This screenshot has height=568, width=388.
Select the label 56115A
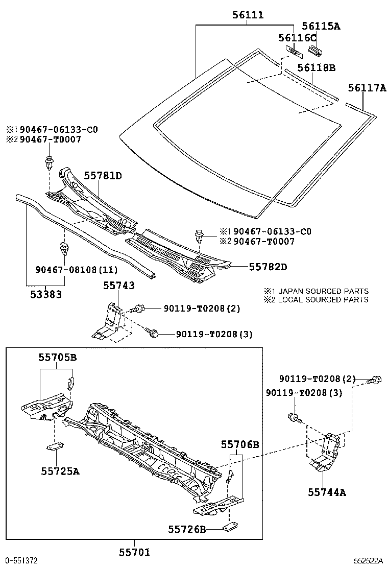pos(320,26)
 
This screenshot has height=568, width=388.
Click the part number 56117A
pos(367,88)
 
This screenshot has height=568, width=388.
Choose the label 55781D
pos(103,176)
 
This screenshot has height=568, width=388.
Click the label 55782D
pos(268,267)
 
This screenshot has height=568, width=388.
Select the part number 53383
pos(45,294)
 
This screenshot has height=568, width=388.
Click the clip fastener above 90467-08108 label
pos(64,250)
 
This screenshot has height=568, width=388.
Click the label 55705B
pos(57,358)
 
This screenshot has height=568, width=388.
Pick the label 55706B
pos(239,445)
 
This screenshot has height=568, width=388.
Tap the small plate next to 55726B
pos(231,527)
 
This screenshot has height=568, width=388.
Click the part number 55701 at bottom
pos(134,552)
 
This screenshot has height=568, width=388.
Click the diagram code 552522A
pos(369,560)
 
